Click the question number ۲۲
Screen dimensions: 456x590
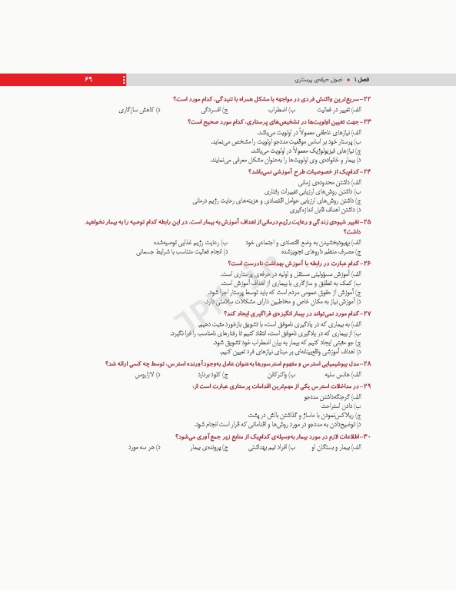tap(367, 100)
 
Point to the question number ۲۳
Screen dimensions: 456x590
tap(367, 122)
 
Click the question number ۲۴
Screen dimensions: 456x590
tap(367, 173)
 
